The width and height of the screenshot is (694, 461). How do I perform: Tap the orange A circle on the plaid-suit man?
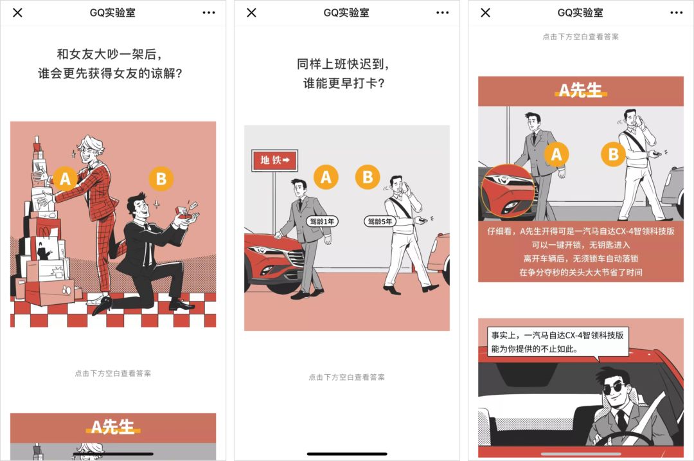pos(65,179)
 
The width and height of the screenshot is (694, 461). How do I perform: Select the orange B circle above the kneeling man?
pos(161,179)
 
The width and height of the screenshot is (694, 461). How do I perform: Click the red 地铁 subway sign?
pos(274,159)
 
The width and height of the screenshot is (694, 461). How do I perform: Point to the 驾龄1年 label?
pos(323,221)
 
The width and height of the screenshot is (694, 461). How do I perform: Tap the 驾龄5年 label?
pos(378,221)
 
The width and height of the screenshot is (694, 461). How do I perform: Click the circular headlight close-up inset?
pos(506,190)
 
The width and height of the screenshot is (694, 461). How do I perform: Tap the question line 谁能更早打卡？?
pos(344,83)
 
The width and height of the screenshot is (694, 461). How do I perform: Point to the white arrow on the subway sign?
pos(287,159)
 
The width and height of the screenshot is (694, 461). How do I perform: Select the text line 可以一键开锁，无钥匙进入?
pos(580,245)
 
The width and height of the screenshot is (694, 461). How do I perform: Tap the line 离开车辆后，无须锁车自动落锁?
pos(580,258)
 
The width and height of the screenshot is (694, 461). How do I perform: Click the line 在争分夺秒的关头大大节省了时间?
pos(580,272)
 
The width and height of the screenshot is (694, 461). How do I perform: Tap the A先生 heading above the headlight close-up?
pos(580,91)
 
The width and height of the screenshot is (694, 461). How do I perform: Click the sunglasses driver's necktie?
pos(621,421)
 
